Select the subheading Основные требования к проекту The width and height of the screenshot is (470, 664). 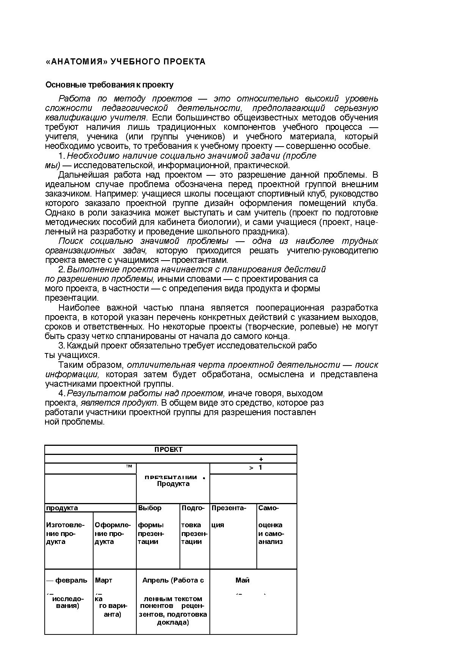click(x=109, y=85)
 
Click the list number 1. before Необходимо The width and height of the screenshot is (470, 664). click(x=62, y=156)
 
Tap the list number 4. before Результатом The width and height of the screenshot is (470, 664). click(x=62, y=393)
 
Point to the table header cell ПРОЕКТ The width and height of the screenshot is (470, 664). click(x=169, y=450)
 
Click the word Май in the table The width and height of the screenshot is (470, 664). click(x=242, y=580)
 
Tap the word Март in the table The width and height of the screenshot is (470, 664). click(x=103, y=580)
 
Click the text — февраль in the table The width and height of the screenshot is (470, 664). click(x=67, y=580)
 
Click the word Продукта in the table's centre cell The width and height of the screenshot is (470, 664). click(x=173, y=484)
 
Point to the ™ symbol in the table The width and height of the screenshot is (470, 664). click(x=129, y=466)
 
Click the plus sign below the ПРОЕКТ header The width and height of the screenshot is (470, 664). click(x=261, y=459)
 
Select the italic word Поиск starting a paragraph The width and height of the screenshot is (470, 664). click(x=71, y=241)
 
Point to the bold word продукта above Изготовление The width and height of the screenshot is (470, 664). click(x=62, y=508)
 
